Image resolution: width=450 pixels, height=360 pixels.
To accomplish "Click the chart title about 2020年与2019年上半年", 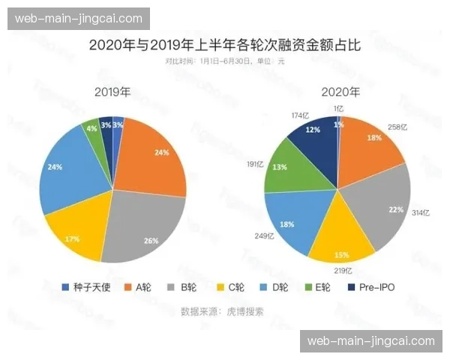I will tap(224, 45).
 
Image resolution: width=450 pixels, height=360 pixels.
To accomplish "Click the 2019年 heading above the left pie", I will tap(112, 93).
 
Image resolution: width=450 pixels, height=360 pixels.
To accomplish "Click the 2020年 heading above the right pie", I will tap(340, 93).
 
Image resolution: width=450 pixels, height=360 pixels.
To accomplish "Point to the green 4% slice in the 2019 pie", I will tap(91, 129).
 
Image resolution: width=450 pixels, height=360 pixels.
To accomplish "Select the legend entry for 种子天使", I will tap(85, 287).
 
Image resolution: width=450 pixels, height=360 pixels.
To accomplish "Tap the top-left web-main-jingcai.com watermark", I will tap(78, 18).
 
